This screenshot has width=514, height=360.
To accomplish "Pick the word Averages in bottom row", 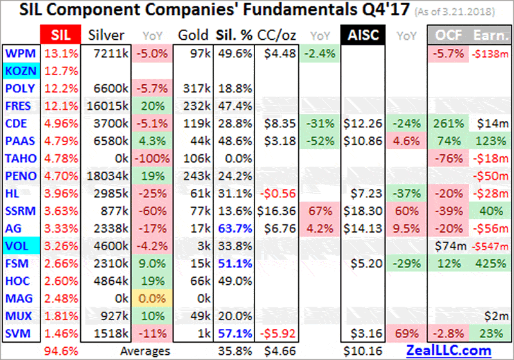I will pos(146,351).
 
